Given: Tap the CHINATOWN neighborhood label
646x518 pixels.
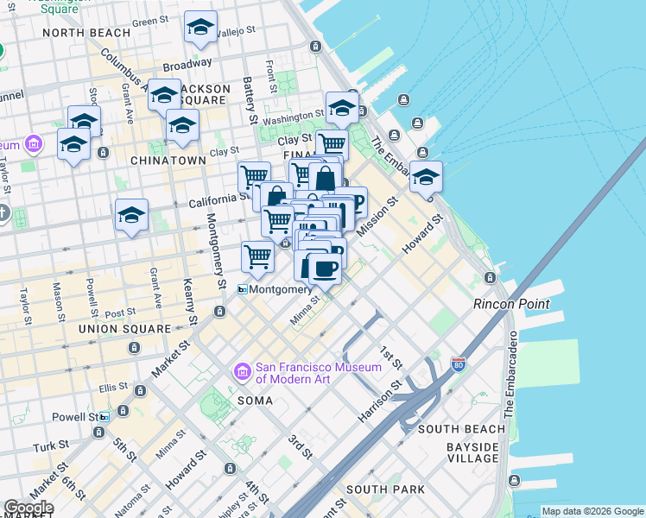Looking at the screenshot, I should click(x=168, y=161).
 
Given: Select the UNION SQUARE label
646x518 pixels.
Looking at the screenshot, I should click(x=124, y=329).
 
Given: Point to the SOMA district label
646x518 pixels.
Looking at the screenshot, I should click(x=255, y=401).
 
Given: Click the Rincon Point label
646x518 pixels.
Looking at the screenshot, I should click(x=511, y=304).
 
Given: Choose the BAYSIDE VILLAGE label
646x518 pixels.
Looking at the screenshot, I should click(x=472, y=452).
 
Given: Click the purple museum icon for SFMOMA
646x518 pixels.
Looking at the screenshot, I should click(x=242, y=371).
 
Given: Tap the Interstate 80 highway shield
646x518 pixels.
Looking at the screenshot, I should click(x=458, y=365).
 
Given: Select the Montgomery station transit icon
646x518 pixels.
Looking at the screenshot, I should click(x=244, y=290).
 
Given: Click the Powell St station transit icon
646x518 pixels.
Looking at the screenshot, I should click(x=104, y=417).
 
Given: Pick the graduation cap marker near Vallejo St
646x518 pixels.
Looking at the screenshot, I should click(x=200, y=28).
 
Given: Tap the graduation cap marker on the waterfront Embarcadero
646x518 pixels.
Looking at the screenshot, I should click(x=426, y=177).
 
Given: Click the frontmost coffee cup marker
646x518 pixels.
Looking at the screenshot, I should click(x=324, y=268).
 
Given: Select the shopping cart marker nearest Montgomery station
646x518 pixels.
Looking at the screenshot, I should click(x=257, y=256).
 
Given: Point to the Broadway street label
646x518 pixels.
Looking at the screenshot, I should click(x=187, y=64).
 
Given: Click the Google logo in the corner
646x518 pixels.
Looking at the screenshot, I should click(x=28, y=508).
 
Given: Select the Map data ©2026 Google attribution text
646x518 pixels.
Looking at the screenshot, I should click(x=592, y=511).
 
